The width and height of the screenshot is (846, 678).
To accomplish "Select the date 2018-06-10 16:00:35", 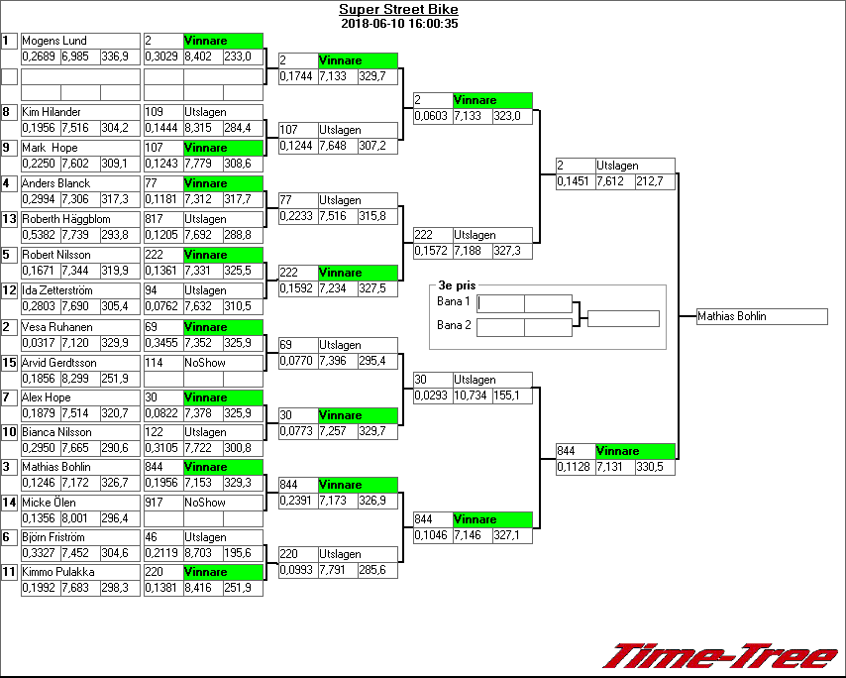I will coord(398,24).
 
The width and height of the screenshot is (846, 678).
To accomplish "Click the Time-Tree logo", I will coord(721,656).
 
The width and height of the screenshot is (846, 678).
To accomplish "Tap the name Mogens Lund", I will coord(54,41).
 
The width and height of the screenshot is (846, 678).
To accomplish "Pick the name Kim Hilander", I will coord(52,112).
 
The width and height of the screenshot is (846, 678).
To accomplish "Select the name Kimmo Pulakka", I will coord(57,572).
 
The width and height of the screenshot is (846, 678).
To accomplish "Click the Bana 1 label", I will coord(453,300).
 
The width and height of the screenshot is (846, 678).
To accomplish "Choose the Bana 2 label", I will coord(453,324).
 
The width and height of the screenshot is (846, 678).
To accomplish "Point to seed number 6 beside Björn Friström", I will coord(6,537).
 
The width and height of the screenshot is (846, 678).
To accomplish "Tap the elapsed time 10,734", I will coord(473,395).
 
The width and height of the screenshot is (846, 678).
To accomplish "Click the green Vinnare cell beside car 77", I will coord(223,183).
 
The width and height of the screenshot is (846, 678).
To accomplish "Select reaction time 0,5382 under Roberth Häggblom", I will coord(39,235).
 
